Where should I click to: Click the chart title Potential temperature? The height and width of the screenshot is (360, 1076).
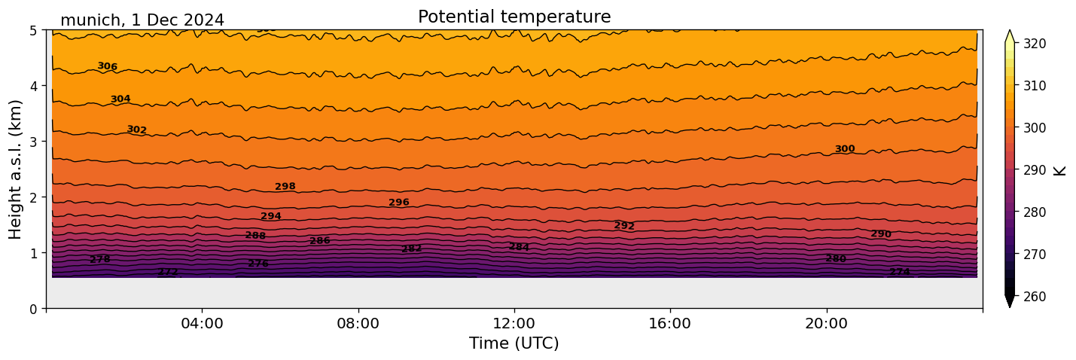point(514,17)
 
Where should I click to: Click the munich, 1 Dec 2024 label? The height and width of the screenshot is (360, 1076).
point(142,20)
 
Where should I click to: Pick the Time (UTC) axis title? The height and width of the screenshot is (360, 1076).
point(514,343)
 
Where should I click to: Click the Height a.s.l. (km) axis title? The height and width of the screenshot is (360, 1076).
point(17,169)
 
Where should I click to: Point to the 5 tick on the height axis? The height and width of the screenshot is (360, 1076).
point(34,30)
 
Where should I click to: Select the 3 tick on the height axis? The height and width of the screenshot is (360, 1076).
point(34,142)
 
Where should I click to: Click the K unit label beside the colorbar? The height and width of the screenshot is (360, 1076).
point(1060,169)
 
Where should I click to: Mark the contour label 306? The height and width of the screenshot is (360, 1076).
point(107,66)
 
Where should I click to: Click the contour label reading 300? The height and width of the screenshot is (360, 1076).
point(845,149)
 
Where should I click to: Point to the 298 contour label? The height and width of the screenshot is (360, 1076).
point(285,187)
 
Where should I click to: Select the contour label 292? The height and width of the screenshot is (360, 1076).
point(624,226)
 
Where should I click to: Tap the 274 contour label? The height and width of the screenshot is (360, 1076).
point(900,272)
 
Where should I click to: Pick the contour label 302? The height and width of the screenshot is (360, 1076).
point(136,130)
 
